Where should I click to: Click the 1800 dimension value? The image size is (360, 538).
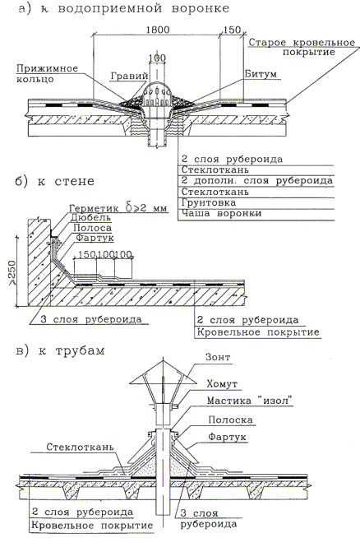tap(158, 30)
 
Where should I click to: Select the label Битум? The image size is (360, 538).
tap(261, 74)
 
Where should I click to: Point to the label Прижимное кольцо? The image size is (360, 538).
tap(47, 73)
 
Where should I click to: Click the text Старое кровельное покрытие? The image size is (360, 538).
tap(302, 48)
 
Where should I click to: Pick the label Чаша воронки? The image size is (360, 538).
tap(221, 213)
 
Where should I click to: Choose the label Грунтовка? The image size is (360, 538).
tap(209, 202)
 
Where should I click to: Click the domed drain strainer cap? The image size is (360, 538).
tap(158, 93)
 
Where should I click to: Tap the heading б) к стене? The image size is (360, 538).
tap(55, 182)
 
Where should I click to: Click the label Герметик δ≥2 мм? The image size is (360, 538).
tap(118, 208)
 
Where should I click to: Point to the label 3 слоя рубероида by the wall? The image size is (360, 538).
tap(91, 319)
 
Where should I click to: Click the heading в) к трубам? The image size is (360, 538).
tap(60, 351)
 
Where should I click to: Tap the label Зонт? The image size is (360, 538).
tap(218, 357)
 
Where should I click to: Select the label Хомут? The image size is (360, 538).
tap(222, 384)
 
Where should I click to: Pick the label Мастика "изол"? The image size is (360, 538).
tap(250, 401)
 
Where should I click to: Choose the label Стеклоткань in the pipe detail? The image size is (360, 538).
tap(80, 448)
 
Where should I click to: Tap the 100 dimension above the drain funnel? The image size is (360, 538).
tap(157, 58)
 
